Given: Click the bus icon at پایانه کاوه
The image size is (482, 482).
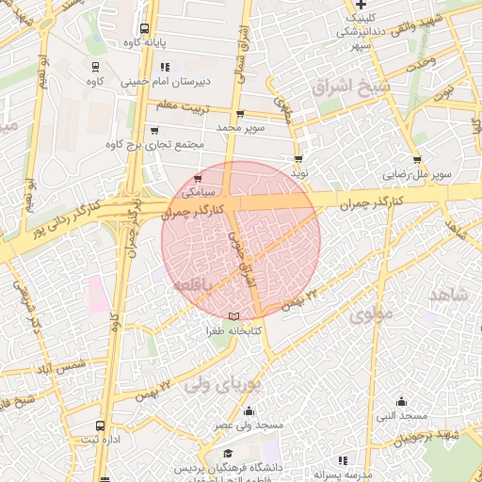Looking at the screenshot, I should pyautogui.click(x=144, y=28).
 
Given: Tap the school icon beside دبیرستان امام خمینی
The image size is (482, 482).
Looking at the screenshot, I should pyautogui.click(x=165, y=67).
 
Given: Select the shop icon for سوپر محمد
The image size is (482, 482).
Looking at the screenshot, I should pyautogui.click(x=240, y=114).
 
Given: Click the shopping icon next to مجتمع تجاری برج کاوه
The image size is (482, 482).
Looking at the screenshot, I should pyautogui.click(x=153, y=131).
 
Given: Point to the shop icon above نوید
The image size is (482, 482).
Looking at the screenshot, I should pyautogui.click(x=298, y=159).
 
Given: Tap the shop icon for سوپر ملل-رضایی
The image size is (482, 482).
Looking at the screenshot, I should pyautogui.click(x=417, y=159).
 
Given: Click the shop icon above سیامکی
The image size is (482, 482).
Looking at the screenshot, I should pyautogui.click(x=197, y=178).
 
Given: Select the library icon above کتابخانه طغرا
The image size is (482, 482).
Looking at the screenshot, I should pyautogui.click(x=233, y=315).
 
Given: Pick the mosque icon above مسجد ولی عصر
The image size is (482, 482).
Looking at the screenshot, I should pyautogui.click(x=249, y=410).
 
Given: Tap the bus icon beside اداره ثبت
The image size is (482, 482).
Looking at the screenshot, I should pyautogui.click(x=101, y=426).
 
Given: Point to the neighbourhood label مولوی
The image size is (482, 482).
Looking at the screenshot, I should pyautogui.click(x=370, y=315).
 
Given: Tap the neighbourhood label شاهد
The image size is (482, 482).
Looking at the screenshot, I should pyautogui.click(x=448, y=295).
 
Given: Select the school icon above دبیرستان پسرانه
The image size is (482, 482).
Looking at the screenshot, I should pyautogui.click(x=341, y=460).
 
